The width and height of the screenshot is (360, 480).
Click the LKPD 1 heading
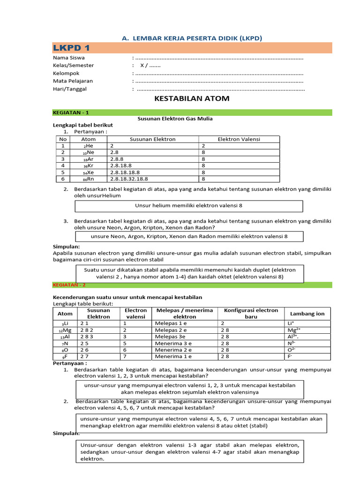coord(71,48)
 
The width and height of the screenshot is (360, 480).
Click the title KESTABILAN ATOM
coord(192,99)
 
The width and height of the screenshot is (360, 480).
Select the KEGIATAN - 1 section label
coord(70,112)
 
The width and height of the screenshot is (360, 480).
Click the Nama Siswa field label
coord(68,58)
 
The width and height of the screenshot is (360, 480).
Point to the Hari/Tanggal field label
coord(69,89)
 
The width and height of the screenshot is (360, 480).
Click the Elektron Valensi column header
coord(239,139)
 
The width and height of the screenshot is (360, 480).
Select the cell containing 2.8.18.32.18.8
coord(129,179)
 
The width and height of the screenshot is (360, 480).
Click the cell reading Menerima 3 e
coord(173,343)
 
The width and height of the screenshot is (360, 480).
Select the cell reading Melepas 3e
coord(172,337)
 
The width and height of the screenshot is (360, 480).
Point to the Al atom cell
coord(65,337)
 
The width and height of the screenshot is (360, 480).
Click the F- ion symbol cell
coord(290,356)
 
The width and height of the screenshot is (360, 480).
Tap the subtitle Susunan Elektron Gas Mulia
coord(175,119)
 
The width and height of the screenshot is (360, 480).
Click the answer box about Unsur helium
coord(188,206)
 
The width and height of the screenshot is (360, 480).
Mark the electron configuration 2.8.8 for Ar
coord(116,159)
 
